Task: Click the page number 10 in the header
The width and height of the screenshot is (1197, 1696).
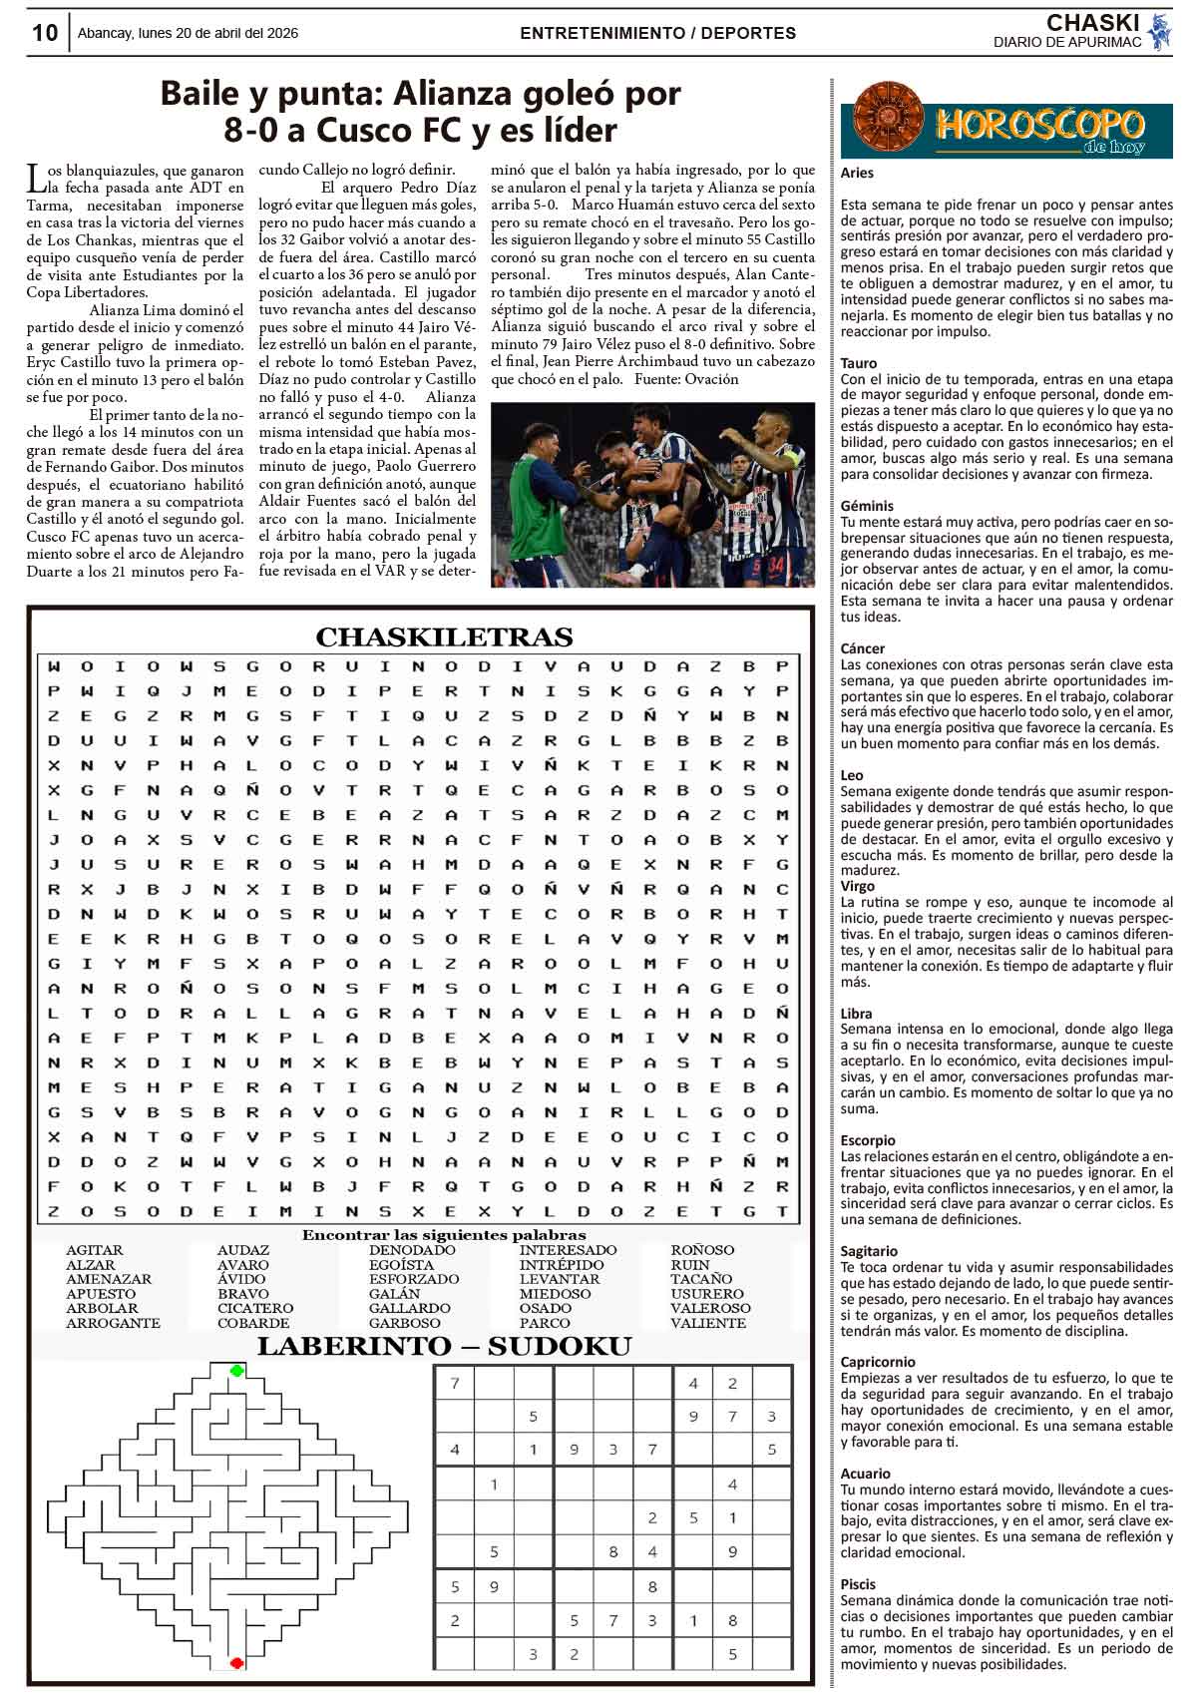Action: (45, 33)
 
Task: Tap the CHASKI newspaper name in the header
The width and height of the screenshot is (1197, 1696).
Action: (1092, 23)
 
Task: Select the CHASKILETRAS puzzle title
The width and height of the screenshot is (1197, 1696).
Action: (444, 636)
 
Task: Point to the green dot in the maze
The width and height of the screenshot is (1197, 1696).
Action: (236, 1371)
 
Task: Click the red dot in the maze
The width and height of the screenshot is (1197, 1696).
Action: (236, 1662)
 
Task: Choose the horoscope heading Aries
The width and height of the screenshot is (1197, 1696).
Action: (857, 173)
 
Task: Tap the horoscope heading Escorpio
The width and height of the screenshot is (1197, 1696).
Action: (868, 1140)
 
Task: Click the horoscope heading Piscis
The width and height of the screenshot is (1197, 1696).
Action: (858, 1583)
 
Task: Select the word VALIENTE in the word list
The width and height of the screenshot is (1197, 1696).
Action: (707, 1323)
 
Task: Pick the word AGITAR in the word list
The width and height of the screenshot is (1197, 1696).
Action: (95, 1250)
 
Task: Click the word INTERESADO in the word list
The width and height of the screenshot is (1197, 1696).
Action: (568, 1250)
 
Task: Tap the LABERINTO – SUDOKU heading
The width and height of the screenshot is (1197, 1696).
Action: (444, 1347)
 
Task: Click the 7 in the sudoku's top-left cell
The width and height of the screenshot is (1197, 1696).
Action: (455, 1384)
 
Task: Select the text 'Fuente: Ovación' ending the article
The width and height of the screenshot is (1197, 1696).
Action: (685, 379)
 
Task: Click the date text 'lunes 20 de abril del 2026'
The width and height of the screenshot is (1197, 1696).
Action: (223, 33)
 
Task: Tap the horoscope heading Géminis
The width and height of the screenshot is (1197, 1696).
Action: (867, 506)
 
